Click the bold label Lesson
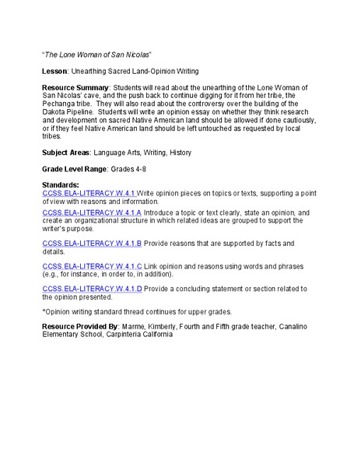(55, 71)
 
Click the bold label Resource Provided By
(81, 326)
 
